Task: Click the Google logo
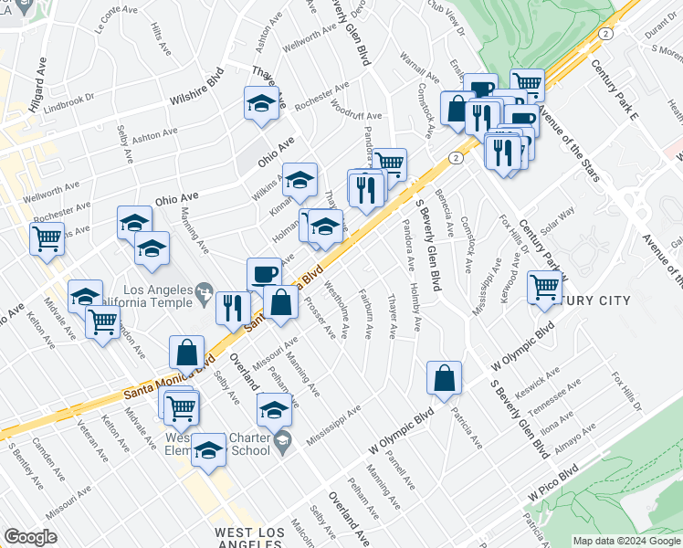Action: click(29, 537)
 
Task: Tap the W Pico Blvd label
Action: click(552, 484)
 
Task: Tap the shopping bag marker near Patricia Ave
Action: click(444, 378)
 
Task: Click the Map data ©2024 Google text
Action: click(625, 541)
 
